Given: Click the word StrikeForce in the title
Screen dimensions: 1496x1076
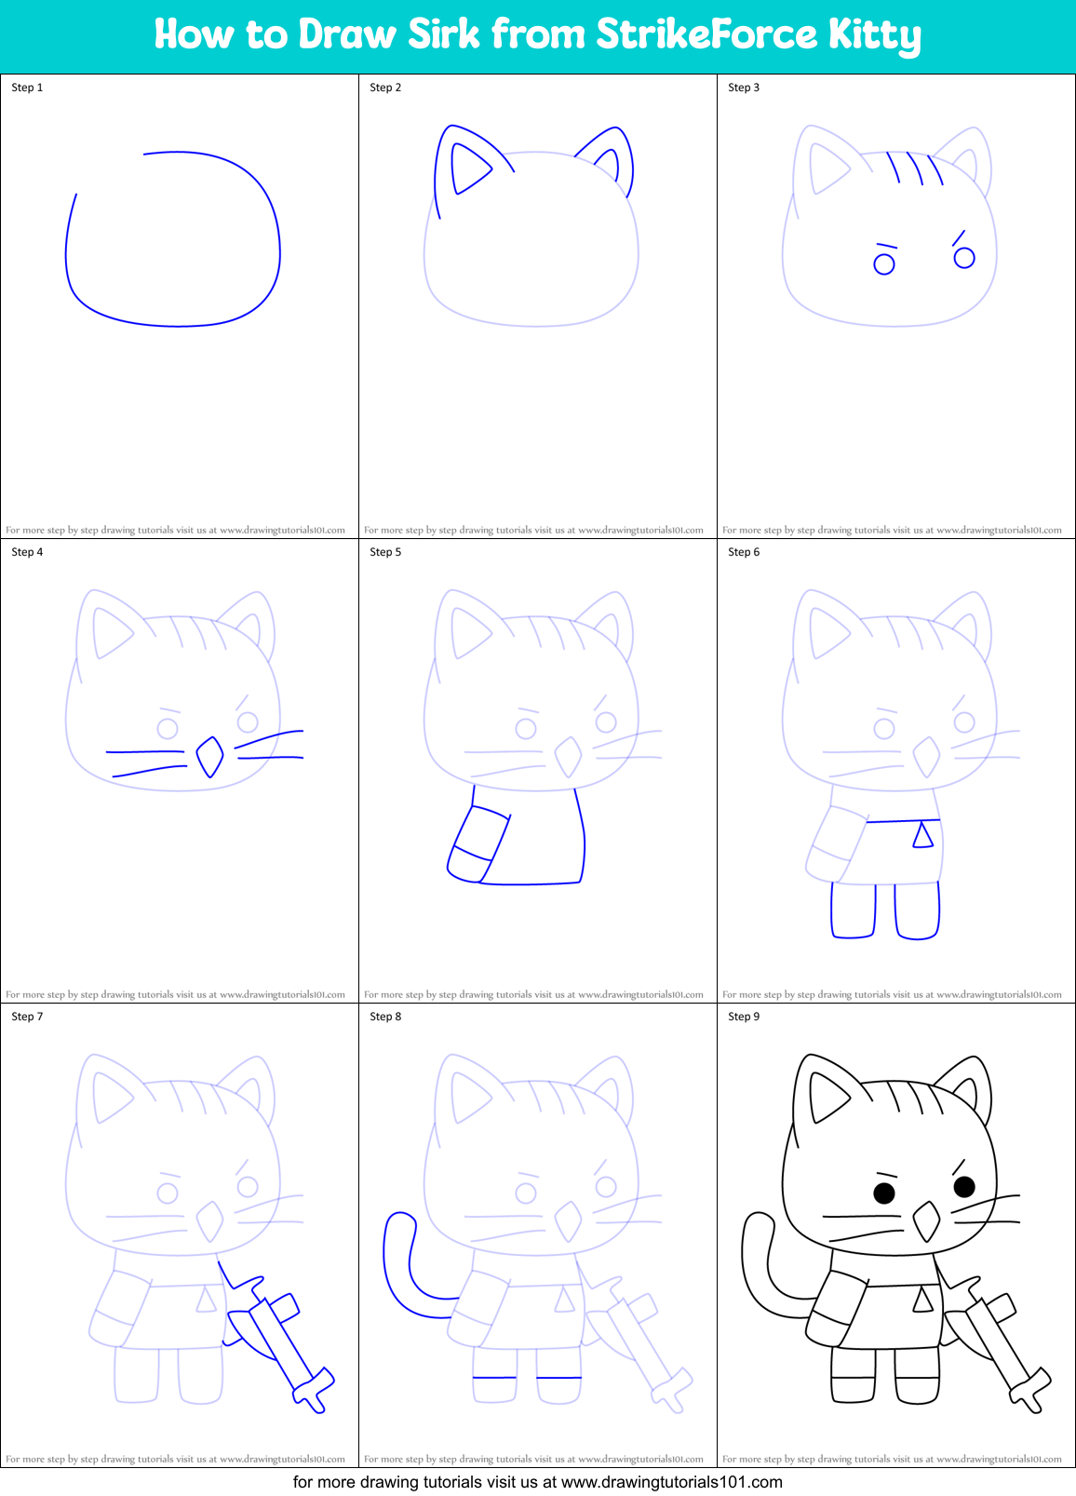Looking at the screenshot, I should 706,34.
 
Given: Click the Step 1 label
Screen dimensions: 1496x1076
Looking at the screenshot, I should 27,88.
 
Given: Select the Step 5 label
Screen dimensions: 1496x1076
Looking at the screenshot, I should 385,552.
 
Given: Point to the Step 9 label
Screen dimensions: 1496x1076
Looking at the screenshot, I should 744,1017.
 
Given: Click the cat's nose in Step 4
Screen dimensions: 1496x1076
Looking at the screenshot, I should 209,757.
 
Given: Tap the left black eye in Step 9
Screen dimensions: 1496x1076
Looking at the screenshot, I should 884,1193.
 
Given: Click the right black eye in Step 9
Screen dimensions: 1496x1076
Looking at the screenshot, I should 964,1186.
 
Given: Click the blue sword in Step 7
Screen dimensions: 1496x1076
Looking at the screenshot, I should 279,1341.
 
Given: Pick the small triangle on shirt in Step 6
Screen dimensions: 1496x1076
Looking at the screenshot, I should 922,835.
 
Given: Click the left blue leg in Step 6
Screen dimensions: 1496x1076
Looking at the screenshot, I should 853,911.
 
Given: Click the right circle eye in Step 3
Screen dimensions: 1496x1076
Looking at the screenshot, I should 964,258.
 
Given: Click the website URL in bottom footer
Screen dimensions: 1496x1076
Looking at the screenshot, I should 671,1482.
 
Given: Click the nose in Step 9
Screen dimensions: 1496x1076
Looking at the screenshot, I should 926,1221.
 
